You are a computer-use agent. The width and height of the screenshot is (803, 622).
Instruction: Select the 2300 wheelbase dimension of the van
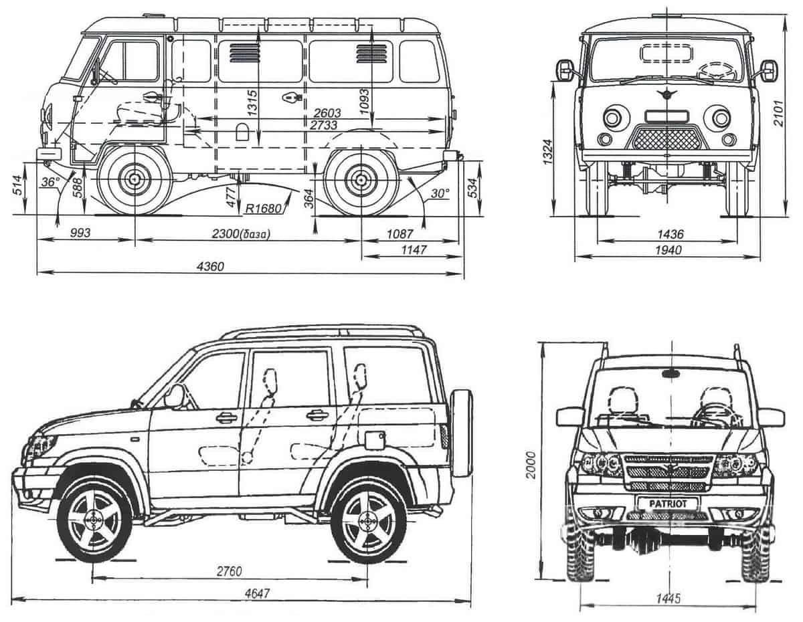(x=245, y=233)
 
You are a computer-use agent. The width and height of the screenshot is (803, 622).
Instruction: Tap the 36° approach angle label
(x=48, y=182)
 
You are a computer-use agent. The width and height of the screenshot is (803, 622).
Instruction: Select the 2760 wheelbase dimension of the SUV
(x=229, y=571)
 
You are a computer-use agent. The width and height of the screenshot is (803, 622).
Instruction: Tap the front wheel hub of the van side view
(x=135, y=180)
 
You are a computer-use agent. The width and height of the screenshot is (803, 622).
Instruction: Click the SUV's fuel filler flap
(x=372, y=439)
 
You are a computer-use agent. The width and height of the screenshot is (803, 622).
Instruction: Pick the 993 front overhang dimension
(x=79, y=233)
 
